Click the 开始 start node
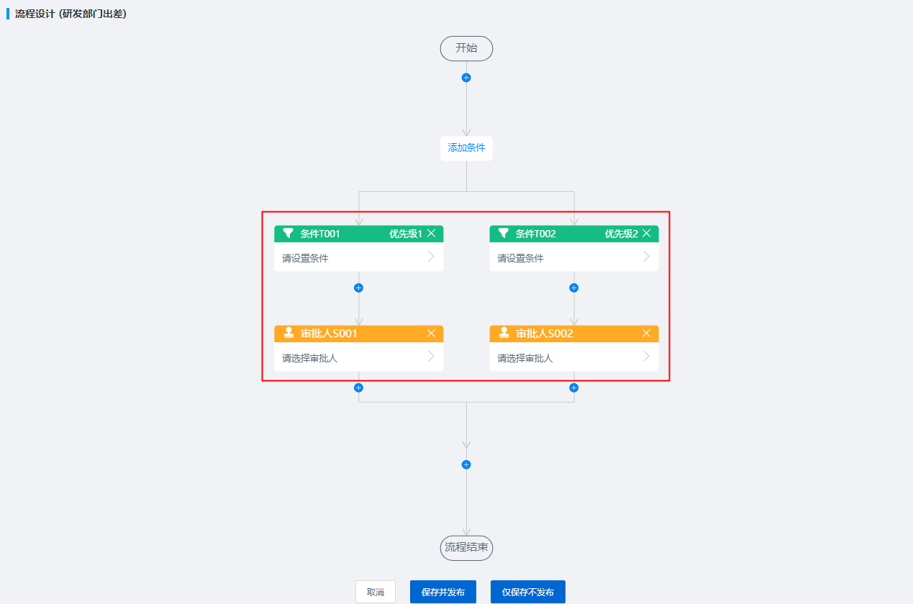(x=466, y=48)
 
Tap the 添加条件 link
(x=466, y=147)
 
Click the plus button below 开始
(x=466, y=78)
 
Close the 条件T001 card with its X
(x=431, y=234)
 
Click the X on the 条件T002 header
(x=646, y=234)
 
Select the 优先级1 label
(x=406, y=234)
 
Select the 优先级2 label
(x=621, y=234)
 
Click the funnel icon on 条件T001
(x=289, y=234)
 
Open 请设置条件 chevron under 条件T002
(x=646, y=257)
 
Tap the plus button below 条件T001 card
(x=359, y=288)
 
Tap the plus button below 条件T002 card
(x=574, y=288)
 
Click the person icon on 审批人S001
(x=289, y=333)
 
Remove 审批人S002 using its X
(x=646, y=333)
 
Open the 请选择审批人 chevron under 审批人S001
(x=431, y=357)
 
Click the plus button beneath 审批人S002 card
(x=574, y=388)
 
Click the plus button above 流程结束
(x=466, y=465)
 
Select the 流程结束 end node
(x=466, y=548)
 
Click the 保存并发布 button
(x=443, y=592)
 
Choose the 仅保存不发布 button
(x=528, y=592)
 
